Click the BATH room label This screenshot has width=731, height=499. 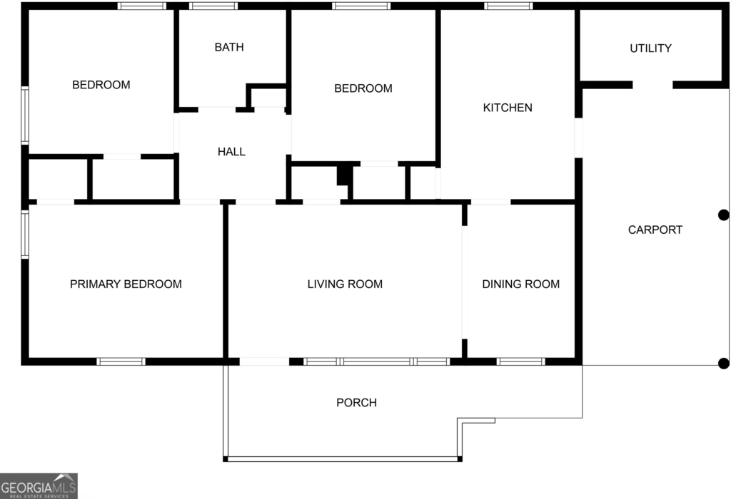(229, 47)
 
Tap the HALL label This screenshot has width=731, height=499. (231, 152)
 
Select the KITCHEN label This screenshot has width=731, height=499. (508, 108)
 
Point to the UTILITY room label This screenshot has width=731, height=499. (650, 48)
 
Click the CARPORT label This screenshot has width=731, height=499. (655, 230)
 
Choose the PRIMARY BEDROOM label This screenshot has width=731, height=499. (126, 284)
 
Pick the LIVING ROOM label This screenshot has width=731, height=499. (345, 284)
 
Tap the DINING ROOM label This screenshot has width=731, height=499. (520, 284)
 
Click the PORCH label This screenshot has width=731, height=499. (357, 403)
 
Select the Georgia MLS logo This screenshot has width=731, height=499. (39, 486)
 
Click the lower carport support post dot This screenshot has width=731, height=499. (724, 363)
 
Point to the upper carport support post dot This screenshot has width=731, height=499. (724, 215)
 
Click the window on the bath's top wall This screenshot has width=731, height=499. (213, 6)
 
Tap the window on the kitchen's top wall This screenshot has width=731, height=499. (508, 6)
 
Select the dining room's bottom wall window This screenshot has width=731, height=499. (520, 361)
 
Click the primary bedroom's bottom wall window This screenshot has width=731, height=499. (121, 361)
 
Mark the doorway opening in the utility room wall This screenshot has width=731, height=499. (652, 85)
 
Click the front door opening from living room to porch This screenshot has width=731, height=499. (264, 361)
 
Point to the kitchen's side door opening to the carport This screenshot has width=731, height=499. (578, 138)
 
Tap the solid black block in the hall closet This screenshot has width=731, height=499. (343, 175)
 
